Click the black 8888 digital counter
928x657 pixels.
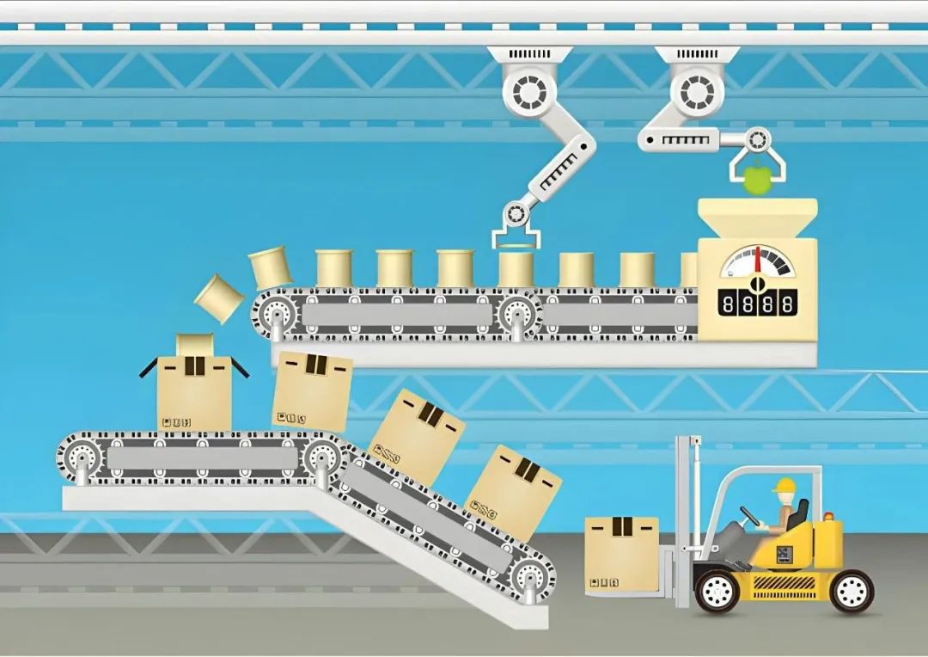(756, 305)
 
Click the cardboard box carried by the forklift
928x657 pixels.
(621, 554)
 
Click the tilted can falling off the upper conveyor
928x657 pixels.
(219, 298)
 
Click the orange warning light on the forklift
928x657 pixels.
(828, 517)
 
